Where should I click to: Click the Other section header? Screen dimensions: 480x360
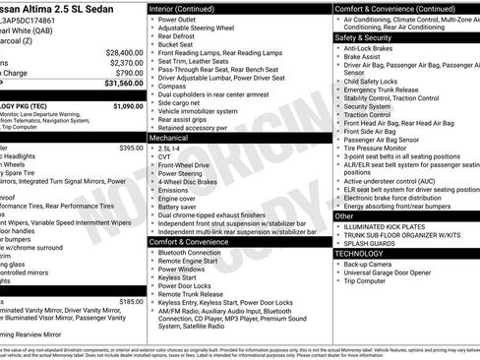click(x=345, y=215)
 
